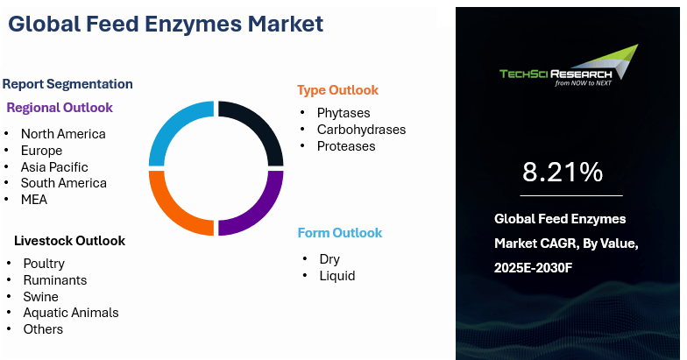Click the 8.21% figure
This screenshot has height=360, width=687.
(563, 172)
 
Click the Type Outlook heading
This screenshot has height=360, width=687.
(337, 90)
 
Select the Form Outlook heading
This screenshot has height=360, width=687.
(340, 233)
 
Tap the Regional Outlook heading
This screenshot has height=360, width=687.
(60, 108)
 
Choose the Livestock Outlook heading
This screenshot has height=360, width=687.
(70, 240)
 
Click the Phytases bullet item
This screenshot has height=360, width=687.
(343, 113)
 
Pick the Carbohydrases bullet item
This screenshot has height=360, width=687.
(361, 130)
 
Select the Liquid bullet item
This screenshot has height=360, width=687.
(336, 276)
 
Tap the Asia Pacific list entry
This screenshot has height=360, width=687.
(54, 166)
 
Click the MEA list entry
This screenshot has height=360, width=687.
(34, 200)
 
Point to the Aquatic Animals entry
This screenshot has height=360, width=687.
(71, 313)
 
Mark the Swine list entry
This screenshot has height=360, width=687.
(40, 297)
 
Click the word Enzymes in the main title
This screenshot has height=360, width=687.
(193, 25)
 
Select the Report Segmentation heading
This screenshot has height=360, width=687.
(67, 84)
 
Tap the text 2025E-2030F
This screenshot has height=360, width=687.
(533, 268)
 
